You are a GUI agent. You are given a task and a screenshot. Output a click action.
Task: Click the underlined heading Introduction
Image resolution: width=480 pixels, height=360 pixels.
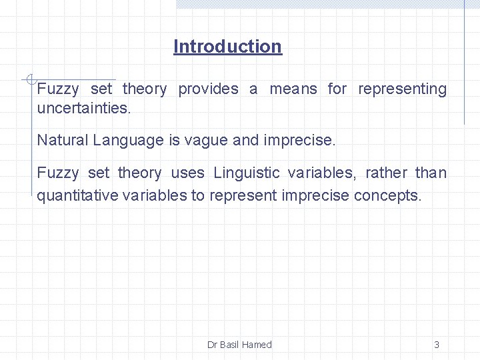[x=227, y=47]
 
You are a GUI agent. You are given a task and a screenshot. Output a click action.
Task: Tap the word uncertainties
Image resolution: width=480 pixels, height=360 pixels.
[x=84, y=107]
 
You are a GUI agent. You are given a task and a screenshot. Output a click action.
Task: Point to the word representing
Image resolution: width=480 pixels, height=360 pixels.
[x=402, y=89]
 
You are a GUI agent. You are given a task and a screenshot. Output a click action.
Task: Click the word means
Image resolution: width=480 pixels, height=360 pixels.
[x=293, y=89]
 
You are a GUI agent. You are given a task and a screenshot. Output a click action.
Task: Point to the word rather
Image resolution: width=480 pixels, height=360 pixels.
[x=386, y=173]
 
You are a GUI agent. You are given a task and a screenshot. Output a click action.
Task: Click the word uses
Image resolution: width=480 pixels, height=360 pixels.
[x=188, y=173]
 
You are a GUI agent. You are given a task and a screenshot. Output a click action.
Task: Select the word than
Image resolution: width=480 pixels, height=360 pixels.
[x=431, y=173]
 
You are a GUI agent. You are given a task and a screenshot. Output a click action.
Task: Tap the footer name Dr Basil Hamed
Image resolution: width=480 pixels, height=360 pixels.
[x=239, y=345]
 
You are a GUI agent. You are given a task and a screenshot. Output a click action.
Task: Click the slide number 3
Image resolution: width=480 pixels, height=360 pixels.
[x=437, y=345]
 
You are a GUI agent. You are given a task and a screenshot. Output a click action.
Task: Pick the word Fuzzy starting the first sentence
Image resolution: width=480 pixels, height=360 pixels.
[x=57, y=89]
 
